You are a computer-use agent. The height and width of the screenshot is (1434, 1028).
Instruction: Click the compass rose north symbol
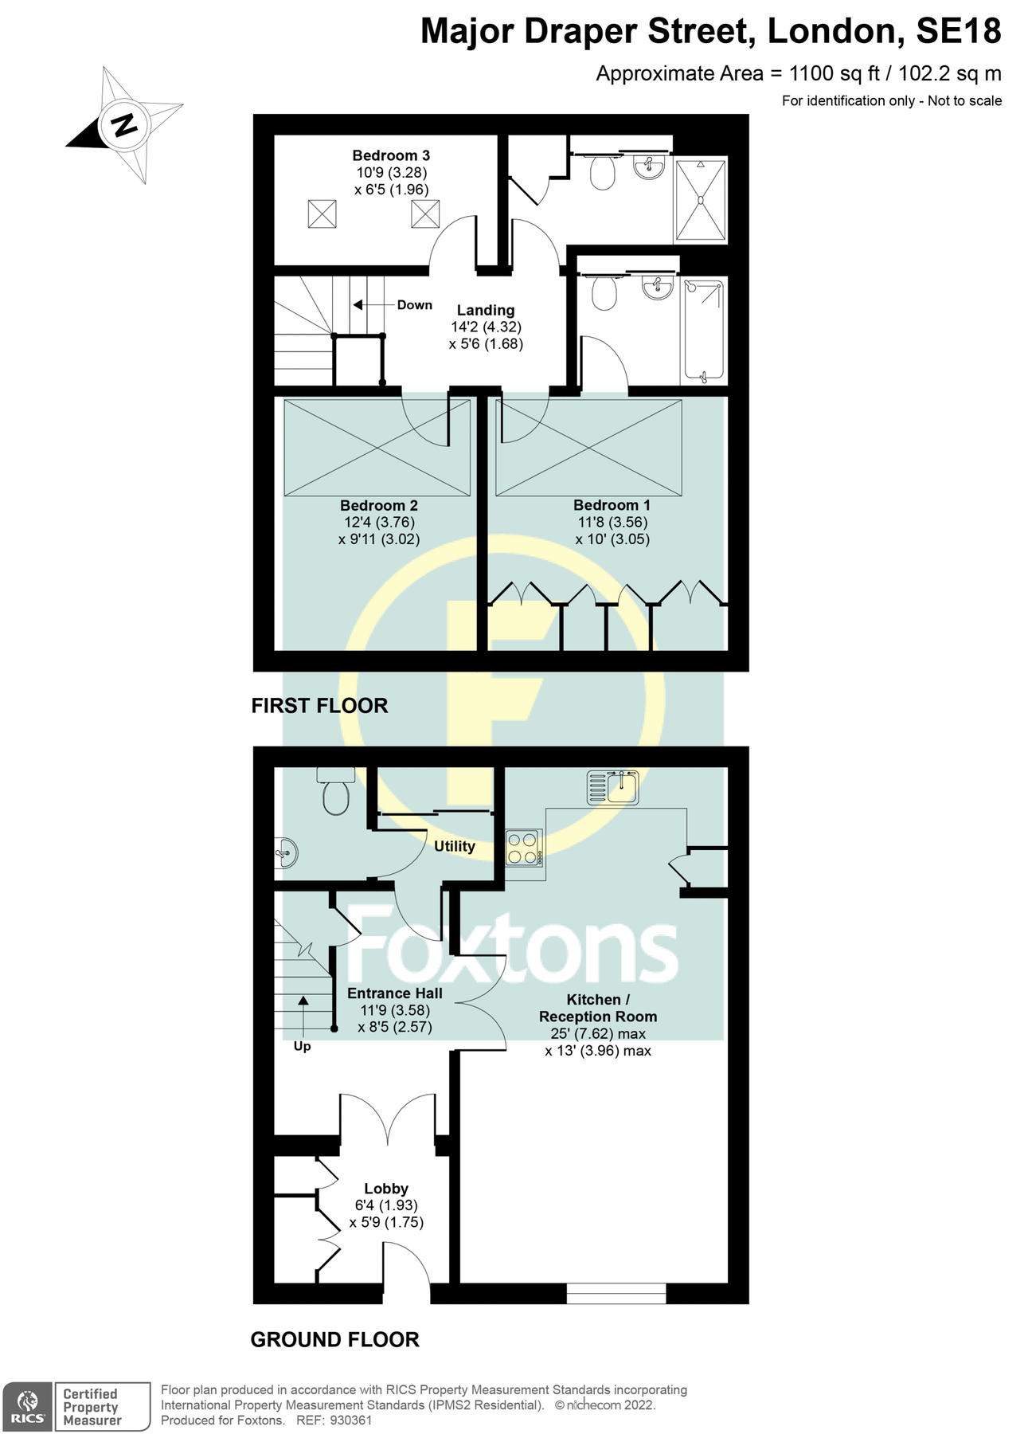124,125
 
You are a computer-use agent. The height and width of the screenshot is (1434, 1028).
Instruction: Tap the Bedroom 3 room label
391,155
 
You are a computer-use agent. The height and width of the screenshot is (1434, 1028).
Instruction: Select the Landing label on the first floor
485,310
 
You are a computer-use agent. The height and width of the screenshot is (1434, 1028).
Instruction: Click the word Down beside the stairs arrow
414,305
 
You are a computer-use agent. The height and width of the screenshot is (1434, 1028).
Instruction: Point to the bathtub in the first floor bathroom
703,330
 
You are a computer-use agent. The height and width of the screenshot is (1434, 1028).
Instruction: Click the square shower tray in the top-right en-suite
701,200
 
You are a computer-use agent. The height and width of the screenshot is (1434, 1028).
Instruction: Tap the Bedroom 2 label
378,505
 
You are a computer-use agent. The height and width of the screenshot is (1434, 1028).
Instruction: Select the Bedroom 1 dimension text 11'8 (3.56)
612,522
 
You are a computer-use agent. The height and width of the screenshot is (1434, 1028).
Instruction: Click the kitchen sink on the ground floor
613,787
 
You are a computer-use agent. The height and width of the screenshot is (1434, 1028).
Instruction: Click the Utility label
454,846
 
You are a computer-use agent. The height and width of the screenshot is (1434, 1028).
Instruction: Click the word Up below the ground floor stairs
302,1046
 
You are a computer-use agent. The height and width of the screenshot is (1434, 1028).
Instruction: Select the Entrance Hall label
394,993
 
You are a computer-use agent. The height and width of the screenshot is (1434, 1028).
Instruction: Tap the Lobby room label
386,1188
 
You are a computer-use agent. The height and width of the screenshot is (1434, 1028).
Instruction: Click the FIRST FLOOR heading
319,705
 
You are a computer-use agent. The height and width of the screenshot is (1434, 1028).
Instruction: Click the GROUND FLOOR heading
334,1339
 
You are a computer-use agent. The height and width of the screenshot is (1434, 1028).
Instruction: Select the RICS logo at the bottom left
28,1406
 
